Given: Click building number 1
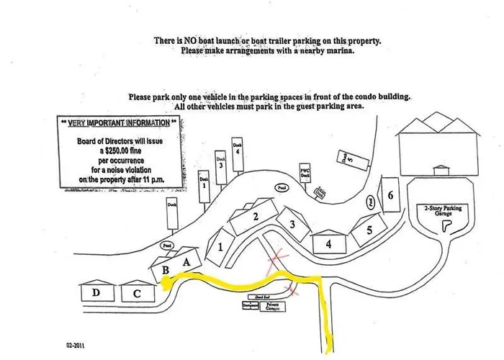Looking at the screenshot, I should (220, 246).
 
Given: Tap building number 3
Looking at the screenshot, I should (292, 225).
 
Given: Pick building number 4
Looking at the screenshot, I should (328, 243).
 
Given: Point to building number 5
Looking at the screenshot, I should (369, 231).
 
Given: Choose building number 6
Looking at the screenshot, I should (390, 196).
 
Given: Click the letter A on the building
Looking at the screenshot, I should (187, 262).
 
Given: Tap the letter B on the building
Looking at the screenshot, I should (166, 270).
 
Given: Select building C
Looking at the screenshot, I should (137, 293).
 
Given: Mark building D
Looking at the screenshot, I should (96, 293).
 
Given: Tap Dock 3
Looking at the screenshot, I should (221, 164).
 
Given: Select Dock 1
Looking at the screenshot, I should (204, 184).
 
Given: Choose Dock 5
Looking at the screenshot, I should (347, 159).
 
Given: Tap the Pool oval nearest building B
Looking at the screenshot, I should (167, 246).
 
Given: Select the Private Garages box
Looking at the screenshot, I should (272, 305).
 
